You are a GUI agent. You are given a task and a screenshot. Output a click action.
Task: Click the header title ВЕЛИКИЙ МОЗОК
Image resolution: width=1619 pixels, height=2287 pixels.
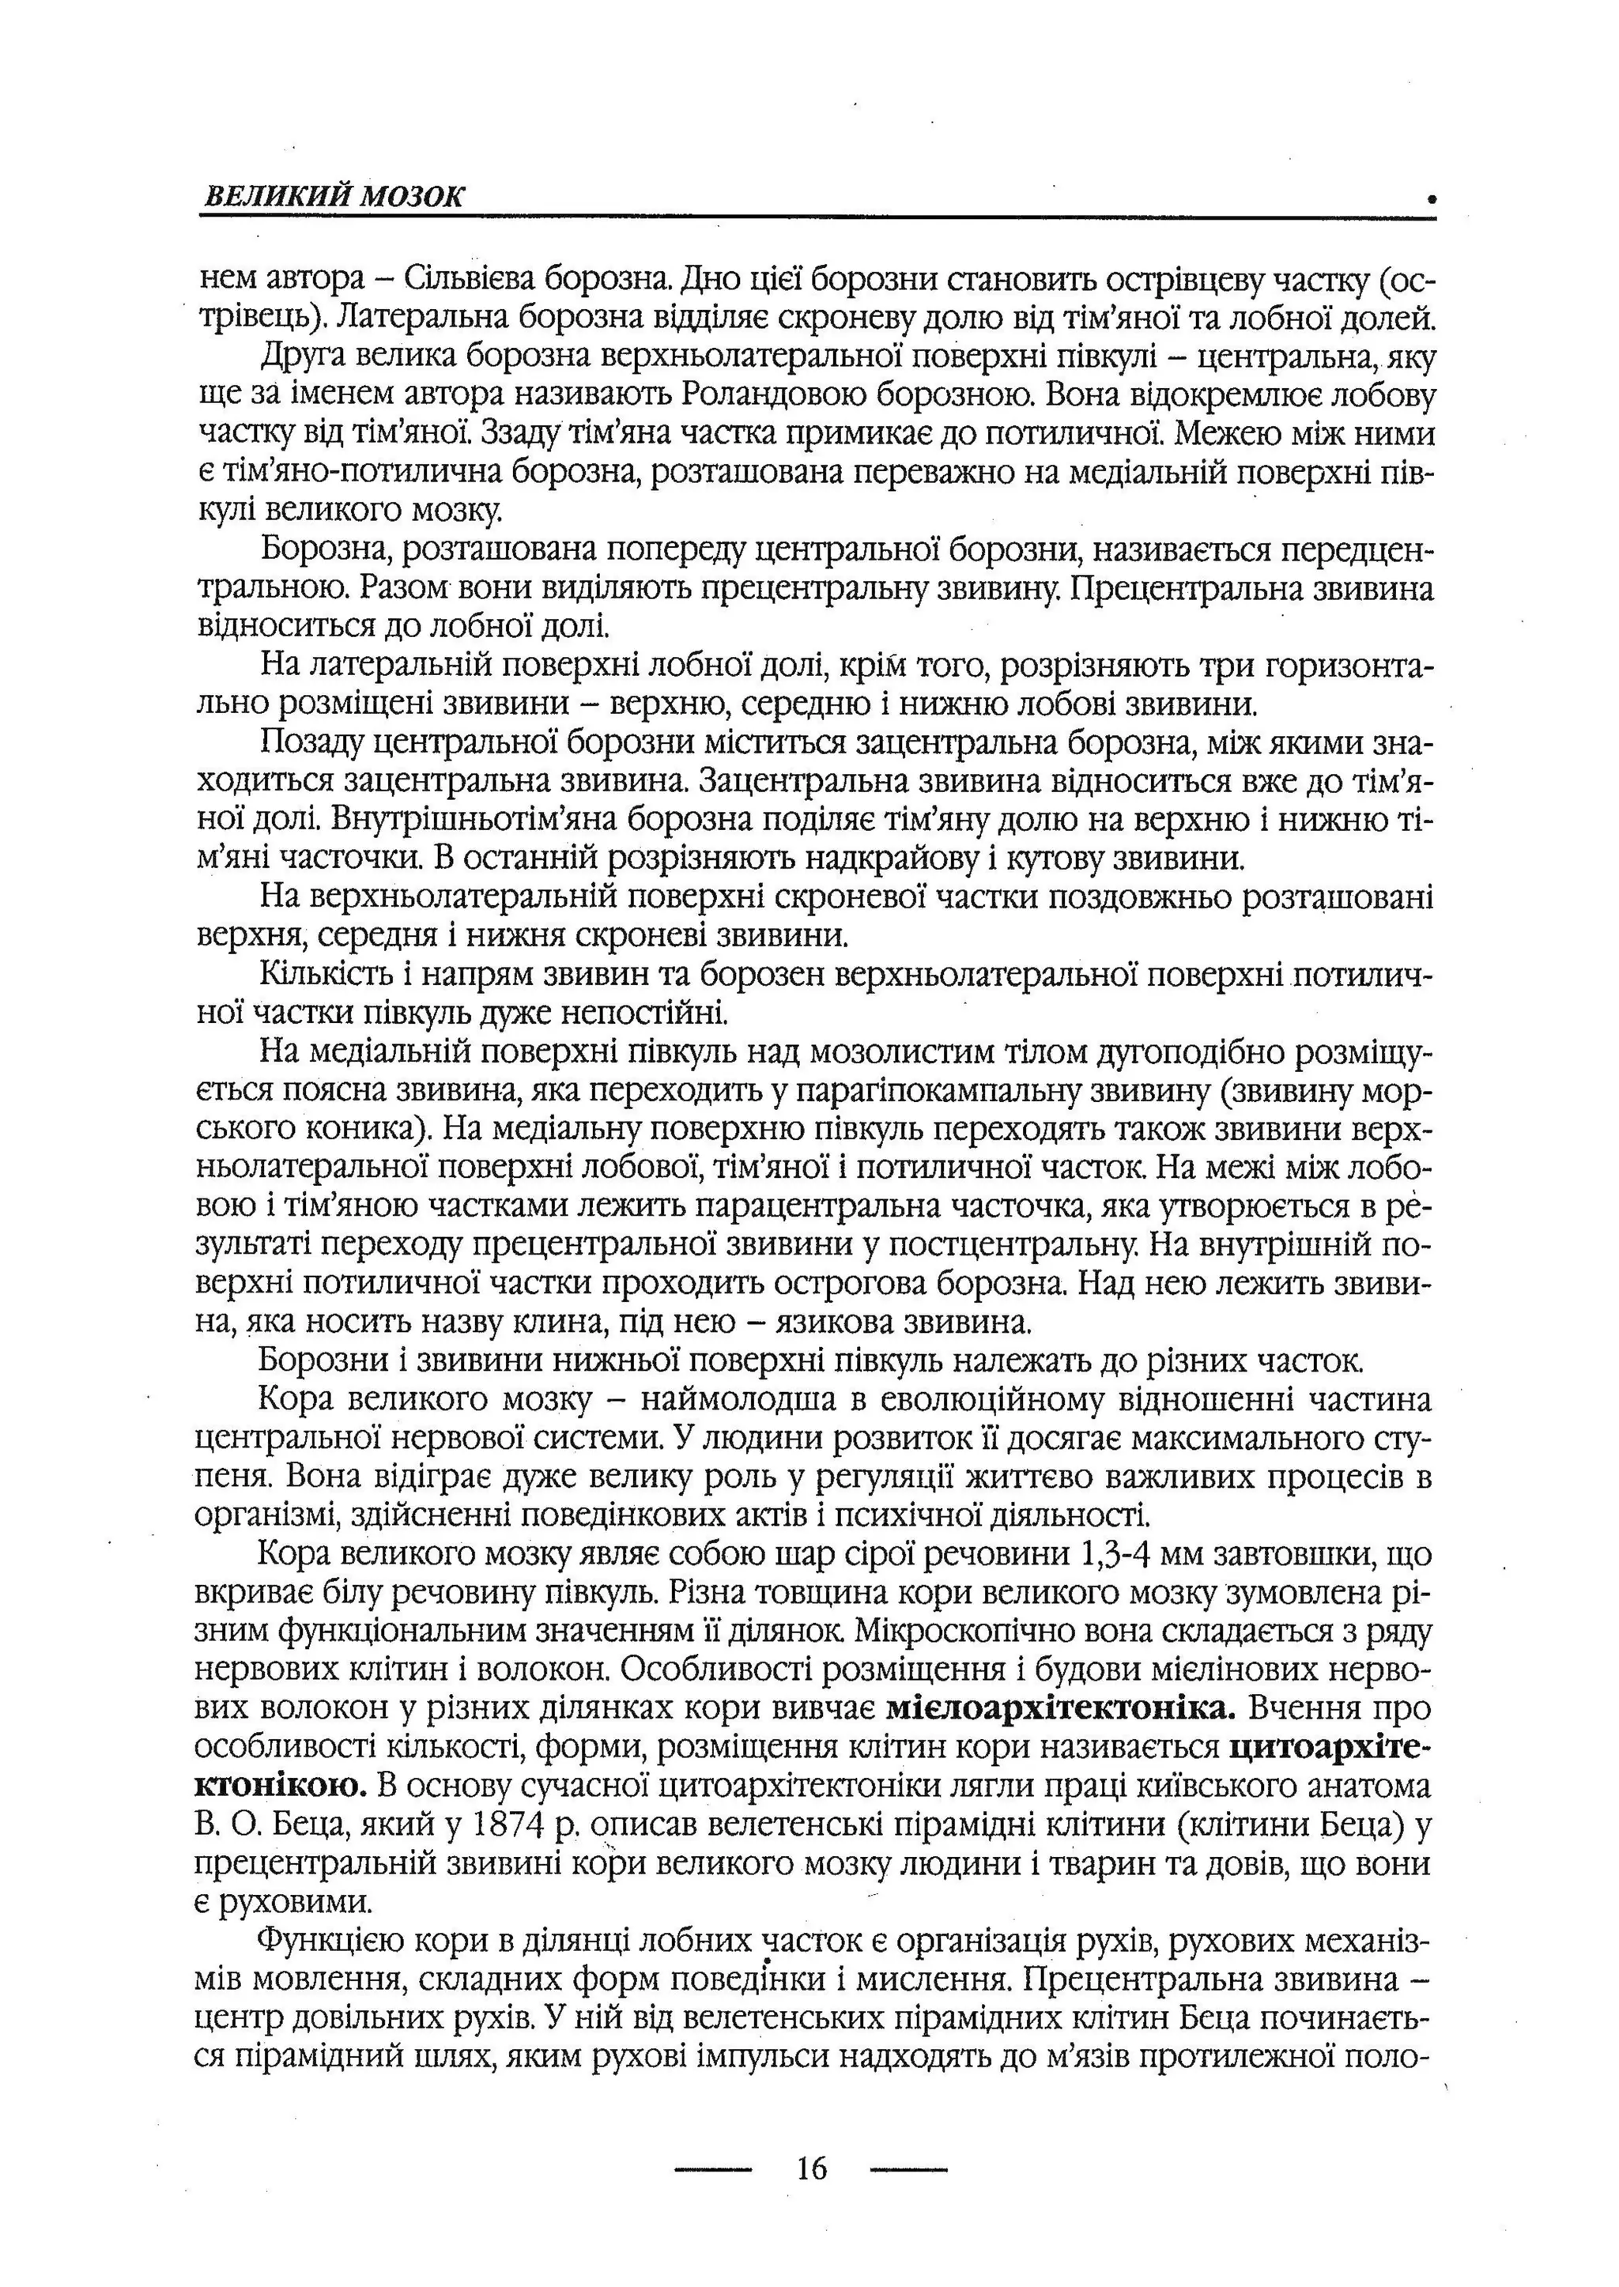pyautogui.click(x=333, y=196)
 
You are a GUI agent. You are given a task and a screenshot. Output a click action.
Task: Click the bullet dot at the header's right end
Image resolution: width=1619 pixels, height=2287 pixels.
pyautogui.click(x=1432, y=199)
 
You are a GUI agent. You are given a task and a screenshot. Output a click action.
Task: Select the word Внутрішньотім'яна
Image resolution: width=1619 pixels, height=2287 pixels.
pyautogui.click(x=489, y=820)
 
